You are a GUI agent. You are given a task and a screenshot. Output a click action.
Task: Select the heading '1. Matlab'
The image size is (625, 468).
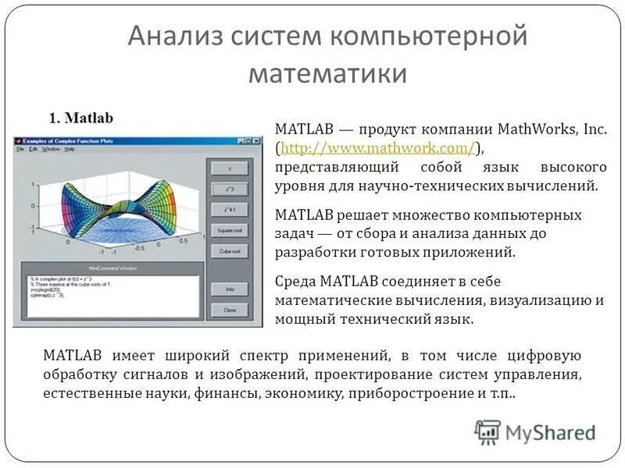[81, 118]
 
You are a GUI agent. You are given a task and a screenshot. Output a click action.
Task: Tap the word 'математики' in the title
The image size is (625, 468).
[328, 73]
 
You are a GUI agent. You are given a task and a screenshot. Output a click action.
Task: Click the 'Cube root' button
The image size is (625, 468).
[229, 251]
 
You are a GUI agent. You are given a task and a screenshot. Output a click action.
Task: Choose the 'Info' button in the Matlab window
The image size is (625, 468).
[229, 289]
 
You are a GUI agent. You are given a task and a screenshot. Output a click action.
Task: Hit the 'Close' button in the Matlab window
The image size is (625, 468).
[229, 310]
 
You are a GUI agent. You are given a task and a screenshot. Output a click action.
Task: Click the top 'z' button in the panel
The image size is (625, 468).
[229, 168]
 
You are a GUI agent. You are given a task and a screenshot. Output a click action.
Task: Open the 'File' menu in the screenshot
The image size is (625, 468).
[21, 148]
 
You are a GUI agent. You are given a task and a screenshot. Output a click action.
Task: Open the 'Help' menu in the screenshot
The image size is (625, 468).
[70, 148]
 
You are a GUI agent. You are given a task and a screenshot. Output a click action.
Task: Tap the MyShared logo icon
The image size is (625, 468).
[487, 432]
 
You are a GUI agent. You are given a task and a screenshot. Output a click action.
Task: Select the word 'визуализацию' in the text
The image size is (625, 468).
[546, 300]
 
